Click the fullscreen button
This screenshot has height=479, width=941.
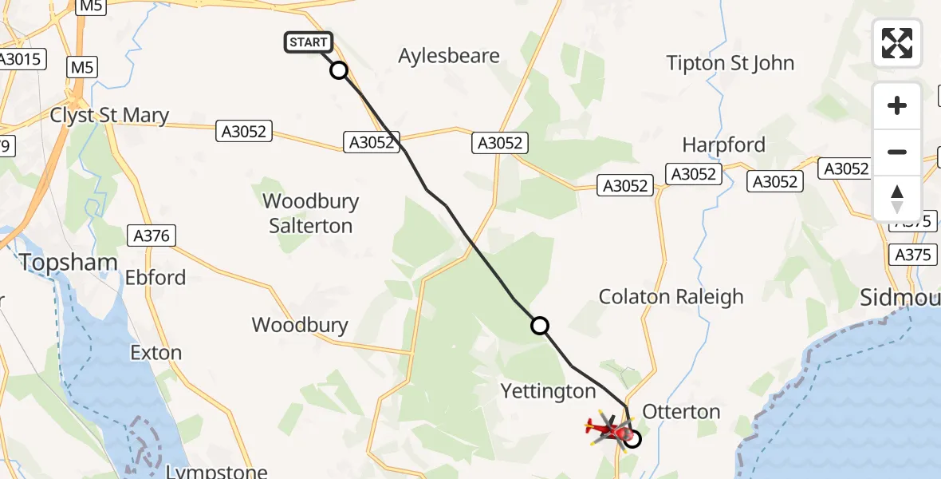click(x=897, y=43)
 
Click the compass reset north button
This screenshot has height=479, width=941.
click(x=897, y=199)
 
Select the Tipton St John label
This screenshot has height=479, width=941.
click(x=730, y=63)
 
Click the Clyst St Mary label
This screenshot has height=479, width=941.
click(x=109, y=115)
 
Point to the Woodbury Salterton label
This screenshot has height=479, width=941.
click(x=311, y=213)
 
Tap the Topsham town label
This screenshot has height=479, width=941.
click(x=69, y=262)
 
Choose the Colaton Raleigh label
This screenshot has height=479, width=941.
click(x=671, y=296)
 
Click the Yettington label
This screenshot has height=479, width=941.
click(x=548, y=391)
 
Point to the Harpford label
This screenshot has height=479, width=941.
click(x=723, y=144)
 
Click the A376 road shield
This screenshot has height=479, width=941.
click(x=152, y=235)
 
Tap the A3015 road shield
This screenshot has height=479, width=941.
click(x=22, y=58)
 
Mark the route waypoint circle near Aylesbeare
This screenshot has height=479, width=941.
click(x=339, y=70)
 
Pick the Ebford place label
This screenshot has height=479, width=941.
click(x=156, y=278)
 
